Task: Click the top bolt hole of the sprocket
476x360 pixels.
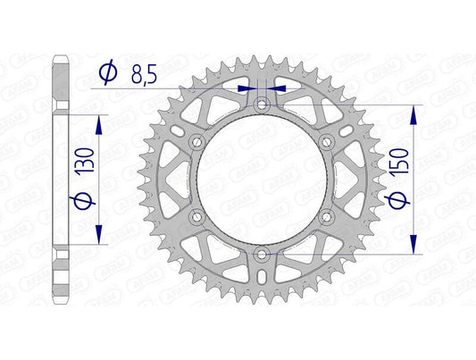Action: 261,105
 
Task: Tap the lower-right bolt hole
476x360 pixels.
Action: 326,217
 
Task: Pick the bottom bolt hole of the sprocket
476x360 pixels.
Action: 261,255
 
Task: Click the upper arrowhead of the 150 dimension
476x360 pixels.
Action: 412,113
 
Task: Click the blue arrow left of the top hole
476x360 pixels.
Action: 247,88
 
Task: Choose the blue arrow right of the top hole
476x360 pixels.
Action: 275,88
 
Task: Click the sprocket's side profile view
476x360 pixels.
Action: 60,179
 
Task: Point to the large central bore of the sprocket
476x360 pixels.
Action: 261,180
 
